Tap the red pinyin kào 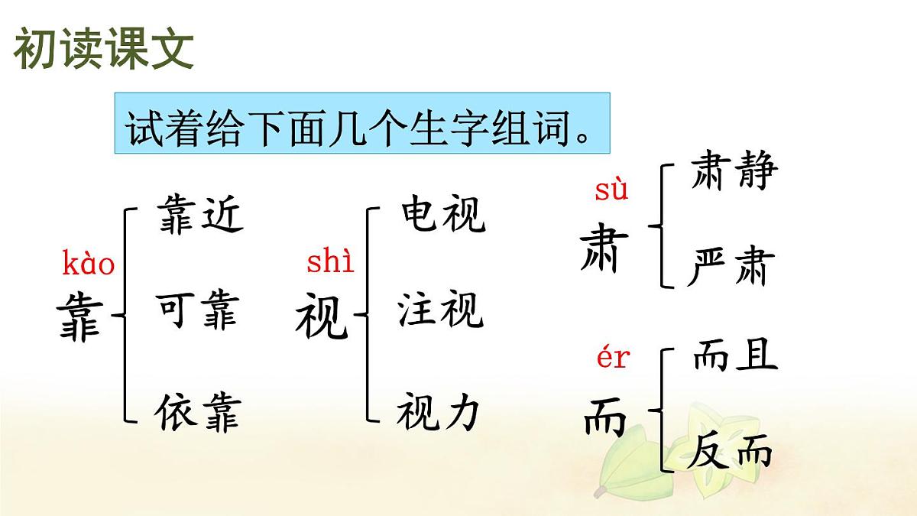(x=88, y=265)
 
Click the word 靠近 (x=199, y=213)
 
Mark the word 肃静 (x=733, y=171)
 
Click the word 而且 (x=734, y=355)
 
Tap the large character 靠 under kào (x=79, y=320)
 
